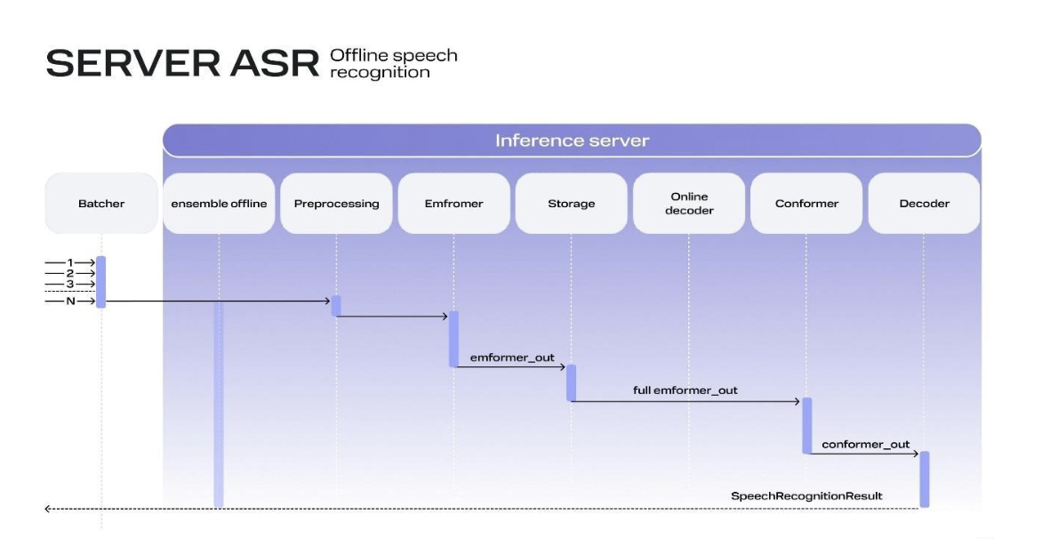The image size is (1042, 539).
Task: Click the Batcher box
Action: (x=101, y=204)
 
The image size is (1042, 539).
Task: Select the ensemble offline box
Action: (x=219, y=204)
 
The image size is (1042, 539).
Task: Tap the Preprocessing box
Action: (x=336, y=204)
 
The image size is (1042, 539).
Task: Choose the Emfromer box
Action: (x=453, y=204)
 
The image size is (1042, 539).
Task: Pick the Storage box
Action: (x=571, y=204)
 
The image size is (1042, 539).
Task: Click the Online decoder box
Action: (x=689, y=204)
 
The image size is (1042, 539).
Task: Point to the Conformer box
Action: (x=806, y=204)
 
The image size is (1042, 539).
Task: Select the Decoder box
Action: (x=924, y=204)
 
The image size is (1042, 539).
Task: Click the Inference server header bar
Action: (x=572, y=141)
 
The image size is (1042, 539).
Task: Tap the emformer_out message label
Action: (x=512, y=358)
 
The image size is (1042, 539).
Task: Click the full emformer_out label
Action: (x=685, y=390)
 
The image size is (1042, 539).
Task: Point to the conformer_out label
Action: (x=866, y=444)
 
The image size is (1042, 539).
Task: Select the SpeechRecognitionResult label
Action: (x=806, y=495)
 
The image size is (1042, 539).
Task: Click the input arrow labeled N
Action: (x=70, y=301)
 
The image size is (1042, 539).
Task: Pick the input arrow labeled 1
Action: (x=70, y=263)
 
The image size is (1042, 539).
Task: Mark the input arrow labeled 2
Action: (x=70, y=274)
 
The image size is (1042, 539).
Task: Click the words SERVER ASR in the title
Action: (x=182, y=64)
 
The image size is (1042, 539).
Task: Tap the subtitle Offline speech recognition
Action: (x=393, y=64)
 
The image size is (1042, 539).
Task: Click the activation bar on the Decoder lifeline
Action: (x=924, y=479)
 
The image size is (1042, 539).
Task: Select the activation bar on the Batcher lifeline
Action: (x=101, y=282)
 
